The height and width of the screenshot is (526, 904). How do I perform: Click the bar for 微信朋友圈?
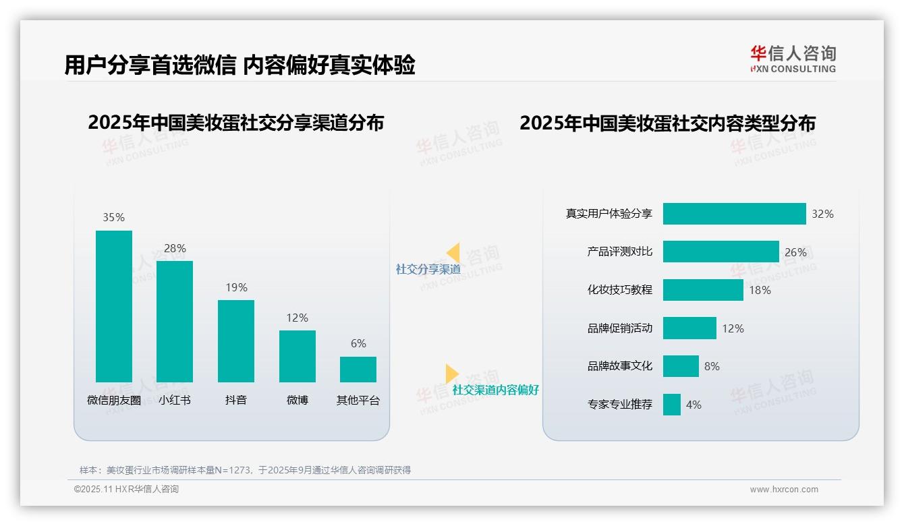coord(114,306)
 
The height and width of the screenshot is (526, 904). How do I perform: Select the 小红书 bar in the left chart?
coord(175,322)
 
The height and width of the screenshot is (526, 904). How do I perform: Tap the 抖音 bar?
coord(236,341)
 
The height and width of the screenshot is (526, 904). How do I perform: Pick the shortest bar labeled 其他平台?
coord(358,370)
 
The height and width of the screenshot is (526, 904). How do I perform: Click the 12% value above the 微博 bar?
coord(297,318)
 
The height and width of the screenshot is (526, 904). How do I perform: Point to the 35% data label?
coord(113,217)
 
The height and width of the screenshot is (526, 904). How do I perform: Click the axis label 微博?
coord(297,400)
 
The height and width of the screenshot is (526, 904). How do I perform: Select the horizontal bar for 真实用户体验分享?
coord(734,214)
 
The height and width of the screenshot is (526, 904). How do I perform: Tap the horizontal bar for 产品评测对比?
coord(721,252)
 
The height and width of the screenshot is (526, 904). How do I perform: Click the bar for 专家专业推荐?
coord(671,405)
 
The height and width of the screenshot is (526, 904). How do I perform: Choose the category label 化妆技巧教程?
coord(619,290)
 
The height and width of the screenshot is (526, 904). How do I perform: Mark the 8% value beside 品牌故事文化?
coord(712,366)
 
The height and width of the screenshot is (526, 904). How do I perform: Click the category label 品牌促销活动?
coord(619,328)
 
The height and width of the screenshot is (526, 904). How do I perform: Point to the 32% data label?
coord(822,214)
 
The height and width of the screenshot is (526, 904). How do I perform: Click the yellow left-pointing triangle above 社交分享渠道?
coord(453,253)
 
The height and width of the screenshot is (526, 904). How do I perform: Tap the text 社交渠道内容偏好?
coord(495,390)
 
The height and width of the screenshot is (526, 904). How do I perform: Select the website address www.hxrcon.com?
coord(783,490)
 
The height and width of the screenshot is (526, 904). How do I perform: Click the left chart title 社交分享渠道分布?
coord(235,123)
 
